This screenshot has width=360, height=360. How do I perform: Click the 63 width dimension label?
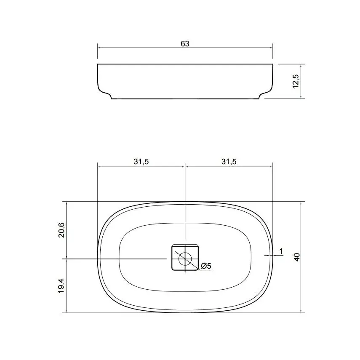(185, 44)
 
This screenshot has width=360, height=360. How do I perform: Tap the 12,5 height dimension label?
(296, 81)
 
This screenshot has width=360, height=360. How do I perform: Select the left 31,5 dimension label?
(141, 162)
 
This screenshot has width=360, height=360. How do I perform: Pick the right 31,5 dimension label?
(229, 162)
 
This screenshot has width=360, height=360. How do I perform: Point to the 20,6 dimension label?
(61, 230)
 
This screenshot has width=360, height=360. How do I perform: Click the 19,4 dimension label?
(61, 286)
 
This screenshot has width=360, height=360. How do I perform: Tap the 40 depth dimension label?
(297, 257)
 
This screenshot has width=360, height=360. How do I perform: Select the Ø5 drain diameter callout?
(206, 266)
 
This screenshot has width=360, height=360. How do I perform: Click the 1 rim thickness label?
(281, 251)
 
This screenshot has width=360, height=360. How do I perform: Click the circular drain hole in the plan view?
(185, 259)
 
